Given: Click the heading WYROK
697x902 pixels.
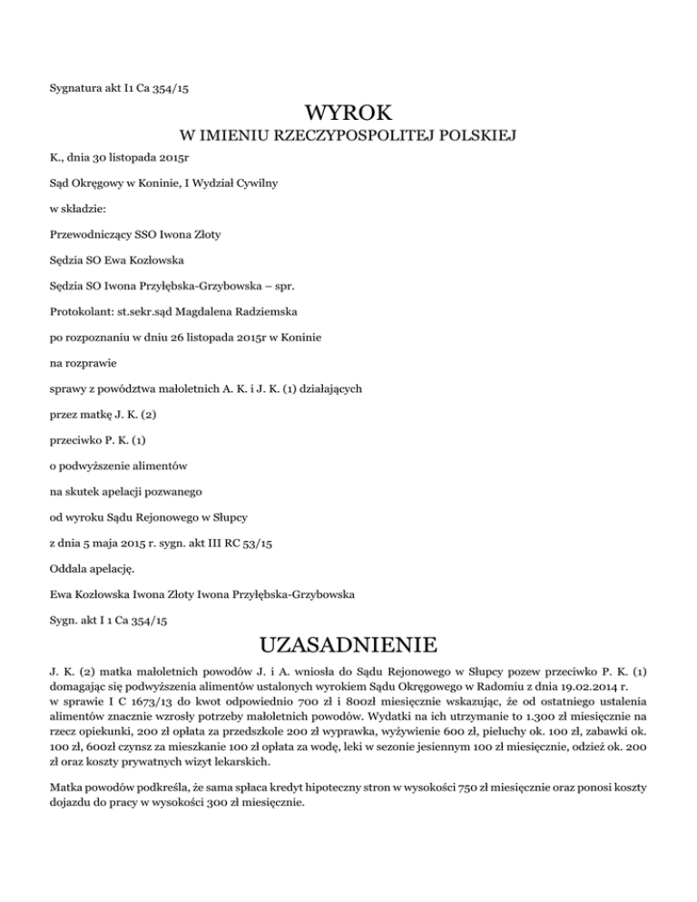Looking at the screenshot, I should pos(348,114).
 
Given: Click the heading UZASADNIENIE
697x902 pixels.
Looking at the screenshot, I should pos(348,646).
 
